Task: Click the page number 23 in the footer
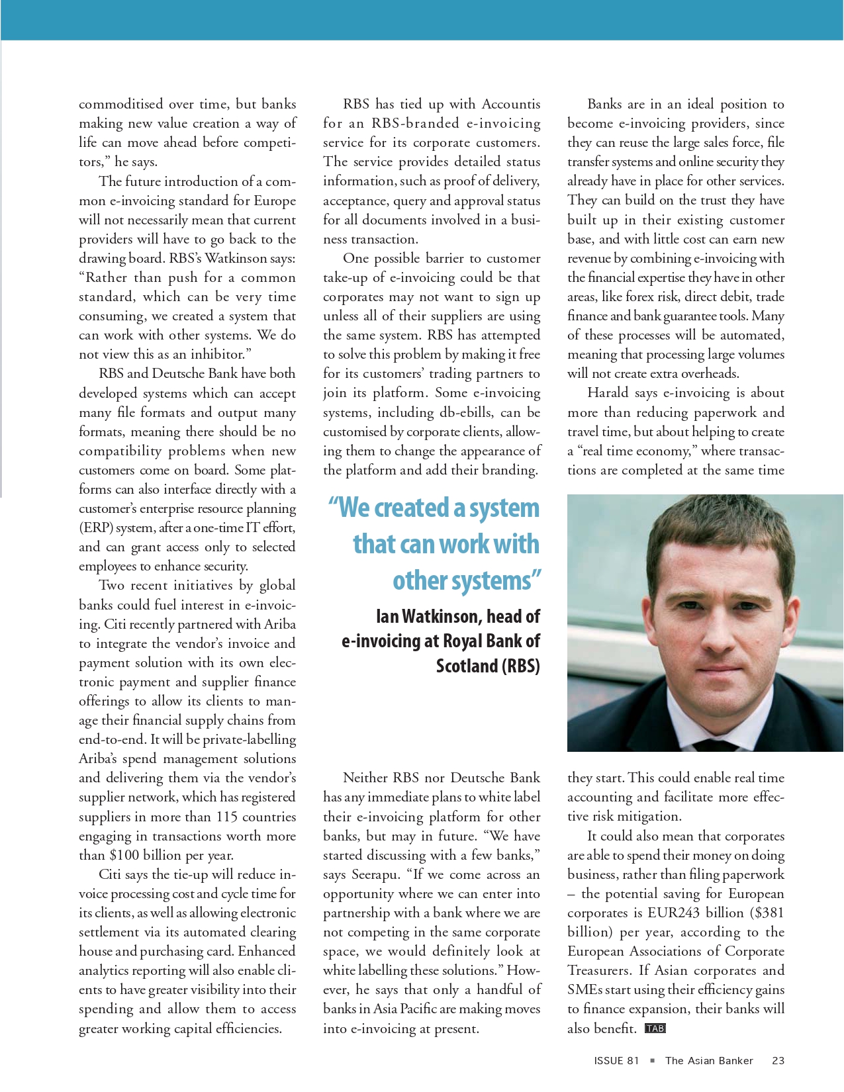tap(778, 1060)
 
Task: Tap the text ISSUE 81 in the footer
tap(616, 1060)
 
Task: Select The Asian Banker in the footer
tap(709, 1060)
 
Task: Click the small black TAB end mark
tap(655, 1028)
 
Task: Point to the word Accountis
tap(511, 104)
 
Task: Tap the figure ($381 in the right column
tap(767, 913)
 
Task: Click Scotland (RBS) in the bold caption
tap(488, 665)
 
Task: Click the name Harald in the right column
tap(608, 392)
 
